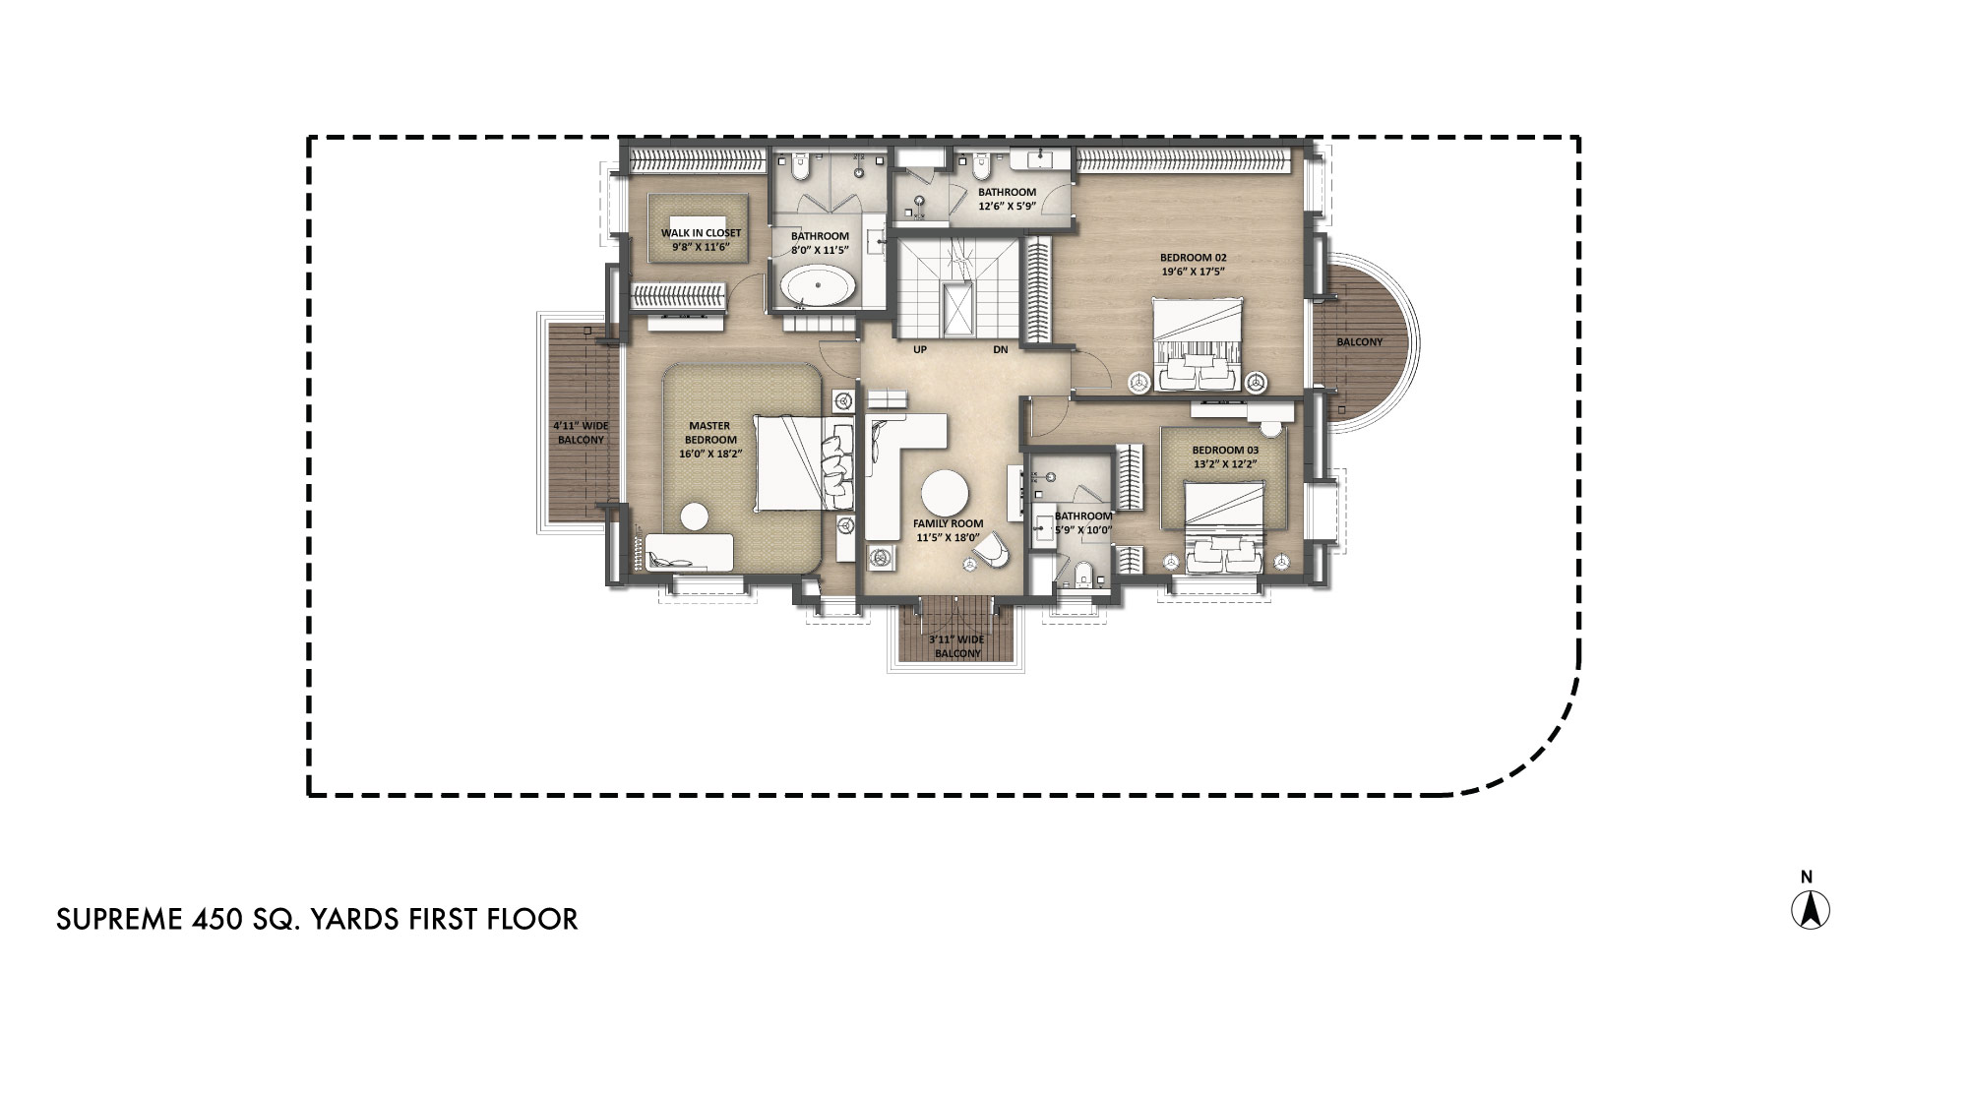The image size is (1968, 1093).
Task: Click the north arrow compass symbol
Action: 1810,909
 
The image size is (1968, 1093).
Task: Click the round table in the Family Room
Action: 946,493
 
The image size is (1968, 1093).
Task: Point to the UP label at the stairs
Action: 920,349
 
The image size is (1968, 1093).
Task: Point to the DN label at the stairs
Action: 1000,349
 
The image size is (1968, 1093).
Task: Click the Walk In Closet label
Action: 701,233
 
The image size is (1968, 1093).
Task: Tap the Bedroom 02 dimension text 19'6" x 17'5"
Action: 1194,272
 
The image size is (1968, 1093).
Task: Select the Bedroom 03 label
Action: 1225,450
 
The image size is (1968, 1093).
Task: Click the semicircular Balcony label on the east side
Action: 1359,342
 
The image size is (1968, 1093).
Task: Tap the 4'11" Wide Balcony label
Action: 581,433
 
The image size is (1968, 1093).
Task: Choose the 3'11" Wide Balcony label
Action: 957,646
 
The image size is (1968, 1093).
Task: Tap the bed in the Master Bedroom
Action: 792,462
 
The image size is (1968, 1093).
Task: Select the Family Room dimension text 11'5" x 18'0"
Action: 948,537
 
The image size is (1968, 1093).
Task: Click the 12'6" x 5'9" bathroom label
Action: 1006,207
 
